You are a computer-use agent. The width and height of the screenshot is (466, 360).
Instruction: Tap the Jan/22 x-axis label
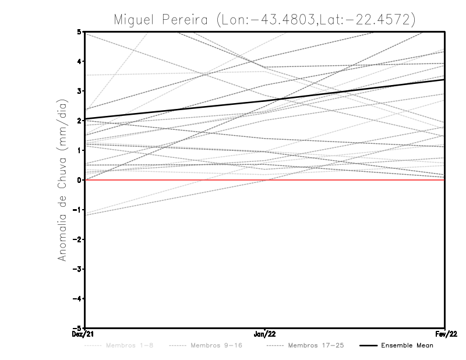point(265,334)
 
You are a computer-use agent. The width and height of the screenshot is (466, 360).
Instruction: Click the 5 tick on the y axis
point(79,31)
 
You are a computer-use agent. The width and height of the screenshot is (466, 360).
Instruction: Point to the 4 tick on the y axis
point(79,61)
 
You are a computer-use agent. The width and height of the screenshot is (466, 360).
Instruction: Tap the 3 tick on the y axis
point(79,91)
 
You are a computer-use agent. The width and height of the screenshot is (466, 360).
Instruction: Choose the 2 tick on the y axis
point(79,121)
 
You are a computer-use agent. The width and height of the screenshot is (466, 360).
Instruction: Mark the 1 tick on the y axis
point(79,150)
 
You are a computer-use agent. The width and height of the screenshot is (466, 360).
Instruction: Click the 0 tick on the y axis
point(79,180)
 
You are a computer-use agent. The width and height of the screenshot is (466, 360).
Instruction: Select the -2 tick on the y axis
point(78,239)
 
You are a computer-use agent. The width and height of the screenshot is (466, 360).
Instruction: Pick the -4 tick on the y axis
point(78,298)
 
